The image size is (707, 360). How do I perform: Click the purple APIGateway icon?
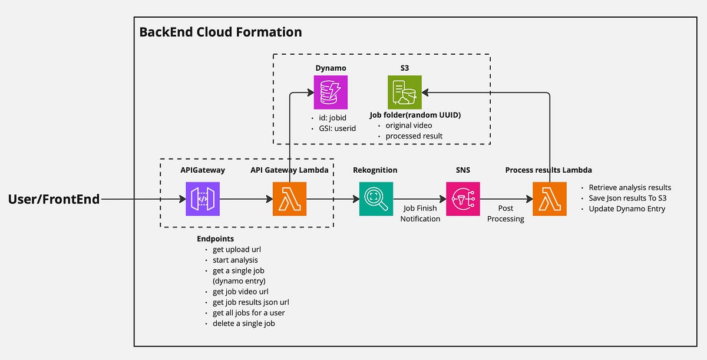[203, 199]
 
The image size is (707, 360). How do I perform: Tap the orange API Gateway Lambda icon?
[290, 199]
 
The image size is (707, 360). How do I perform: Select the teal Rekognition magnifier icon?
[376, 199]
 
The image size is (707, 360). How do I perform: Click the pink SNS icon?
[462, 199]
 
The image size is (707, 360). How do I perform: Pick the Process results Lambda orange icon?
[549, 199]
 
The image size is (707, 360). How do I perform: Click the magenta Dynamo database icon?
[331, 92]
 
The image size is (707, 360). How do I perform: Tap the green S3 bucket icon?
[404, 92]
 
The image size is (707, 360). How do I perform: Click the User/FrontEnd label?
[54, 199]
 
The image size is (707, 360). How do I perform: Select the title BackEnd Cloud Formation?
[220, 32]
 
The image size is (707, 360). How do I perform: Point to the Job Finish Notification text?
[420, 213]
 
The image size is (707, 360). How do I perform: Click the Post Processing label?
[506, 213]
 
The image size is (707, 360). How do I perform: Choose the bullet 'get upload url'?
[237, 249]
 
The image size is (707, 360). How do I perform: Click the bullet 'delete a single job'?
[243, 323]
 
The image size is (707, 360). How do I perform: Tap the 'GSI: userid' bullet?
[333, 128]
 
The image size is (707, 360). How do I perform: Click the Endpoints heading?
[215, 239]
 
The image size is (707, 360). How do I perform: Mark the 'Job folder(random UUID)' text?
[415, 115]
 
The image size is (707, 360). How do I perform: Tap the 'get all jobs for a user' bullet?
[249, 313]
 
